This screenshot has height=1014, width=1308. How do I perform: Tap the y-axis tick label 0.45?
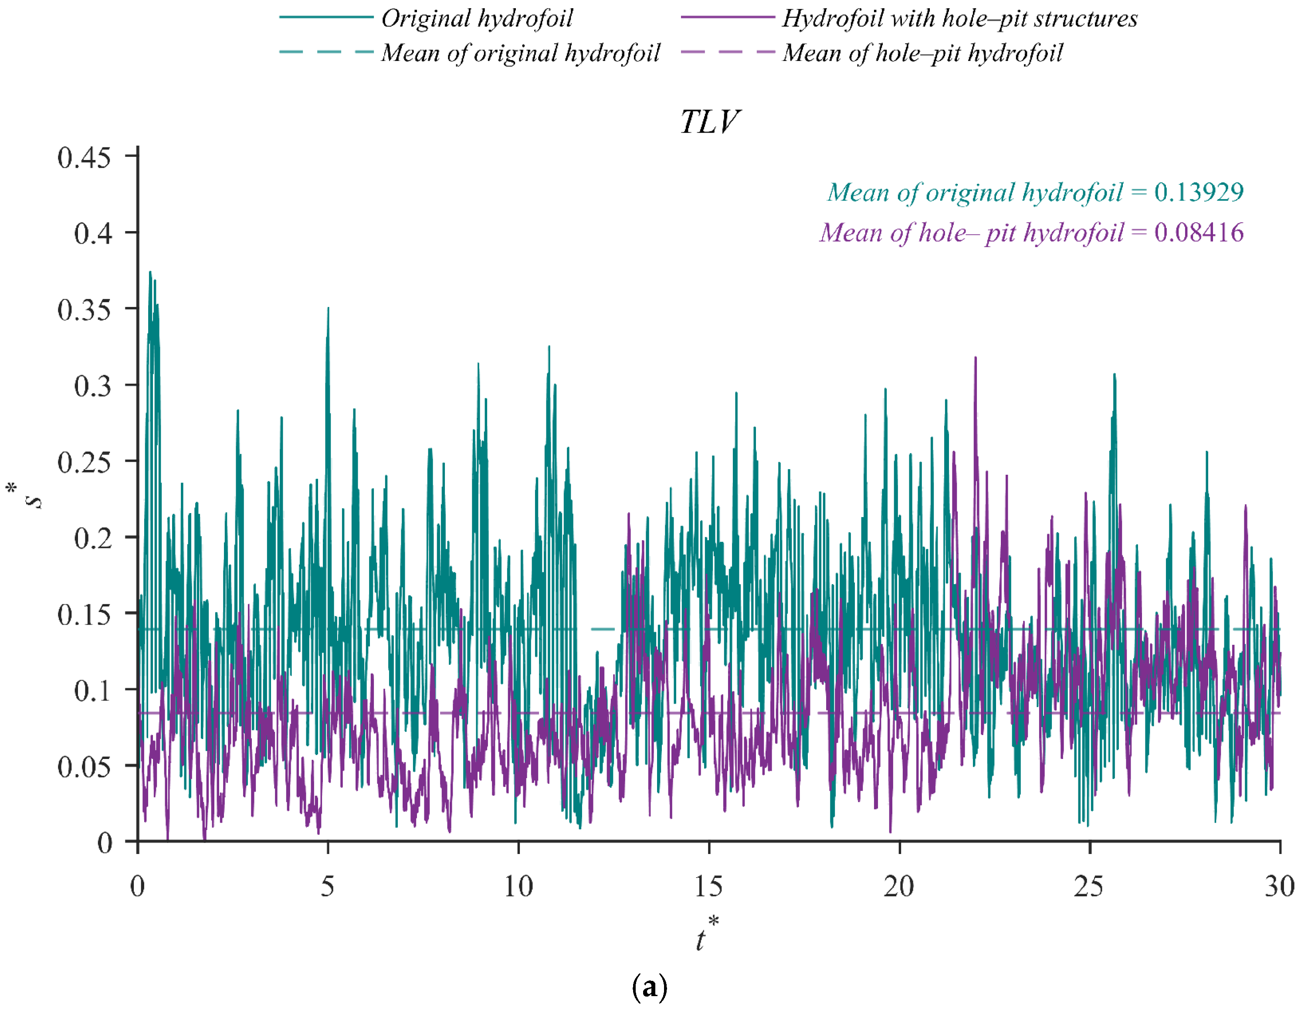[x=84, y=158]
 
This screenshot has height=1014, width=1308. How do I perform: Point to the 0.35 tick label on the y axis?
[x=84, y=310]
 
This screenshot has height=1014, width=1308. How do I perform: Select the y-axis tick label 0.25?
[x=84, y=462]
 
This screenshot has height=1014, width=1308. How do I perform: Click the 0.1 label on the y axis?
[x=93, y=691]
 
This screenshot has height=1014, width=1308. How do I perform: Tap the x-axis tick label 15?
[x=708, y=886]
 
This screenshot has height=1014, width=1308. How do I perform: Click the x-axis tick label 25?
[x=1089, y=886]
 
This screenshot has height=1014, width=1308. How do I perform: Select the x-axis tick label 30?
[x=1279, y=886]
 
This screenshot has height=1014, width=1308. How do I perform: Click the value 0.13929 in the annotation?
[x=1199, y=192]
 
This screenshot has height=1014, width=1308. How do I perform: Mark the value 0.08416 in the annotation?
[x=1199, y=232]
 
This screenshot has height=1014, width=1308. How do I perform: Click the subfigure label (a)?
[x=649, y=987]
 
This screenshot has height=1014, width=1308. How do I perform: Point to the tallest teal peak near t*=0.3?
[x=150, y=272]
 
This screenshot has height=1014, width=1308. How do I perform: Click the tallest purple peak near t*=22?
[x=976, y=358]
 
